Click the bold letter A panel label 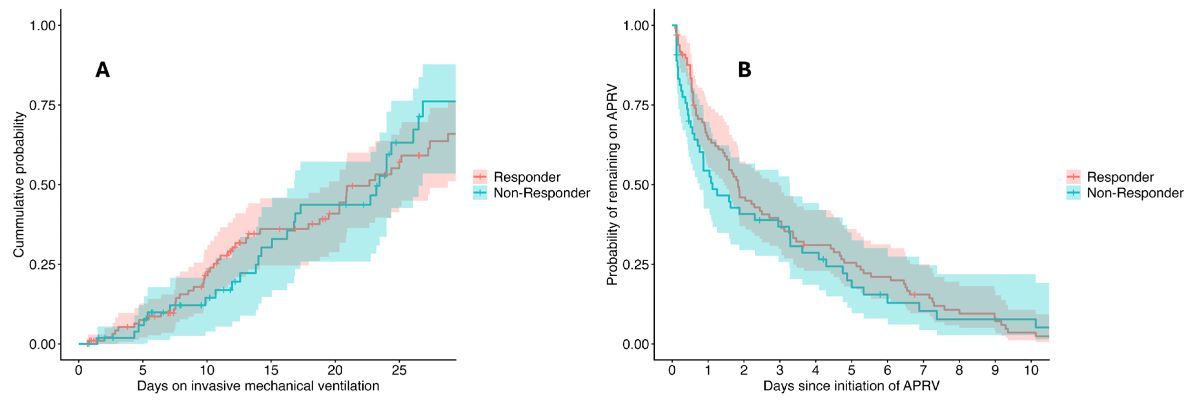[103, 70]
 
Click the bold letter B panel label [744, 70]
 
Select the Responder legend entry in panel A [517, 177]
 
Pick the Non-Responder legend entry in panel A [531, 193]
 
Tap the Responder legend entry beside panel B [1110, 177]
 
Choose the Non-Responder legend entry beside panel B [1125, 193]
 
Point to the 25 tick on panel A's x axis [399, 370]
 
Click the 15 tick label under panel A [271, 370]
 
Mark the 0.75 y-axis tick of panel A [43, 105]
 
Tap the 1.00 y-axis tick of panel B [636, 25]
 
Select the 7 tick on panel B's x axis [923, 370]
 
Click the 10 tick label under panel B [1031, 370]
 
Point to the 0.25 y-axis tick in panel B [636, 264]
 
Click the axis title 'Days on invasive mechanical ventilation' [258, 386]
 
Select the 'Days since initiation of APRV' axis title [852, 386]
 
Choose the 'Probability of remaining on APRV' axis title [612, 184]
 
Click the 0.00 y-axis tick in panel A [43, 344]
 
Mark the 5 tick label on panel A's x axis [143, 370]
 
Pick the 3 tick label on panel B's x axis [780, 370]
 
